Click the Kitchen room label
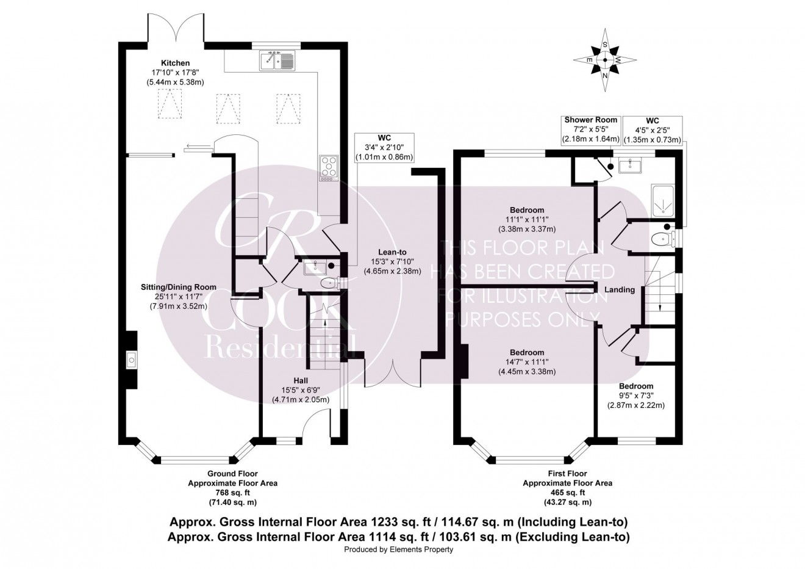click(x=175, y=63)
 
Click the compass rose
click(x=605, y=60)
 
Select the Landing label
click(x=620, y=289)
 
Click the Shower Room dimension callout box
click(x=590, y=129)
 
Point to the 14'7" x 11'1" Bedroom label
click(x=527, y=361)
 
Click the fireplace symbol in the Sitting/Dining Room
click(x=131, y=360)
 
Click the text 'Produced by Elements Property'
click(x=399, y=550)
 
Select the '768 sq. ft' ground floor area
click(x=232, y=493)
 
